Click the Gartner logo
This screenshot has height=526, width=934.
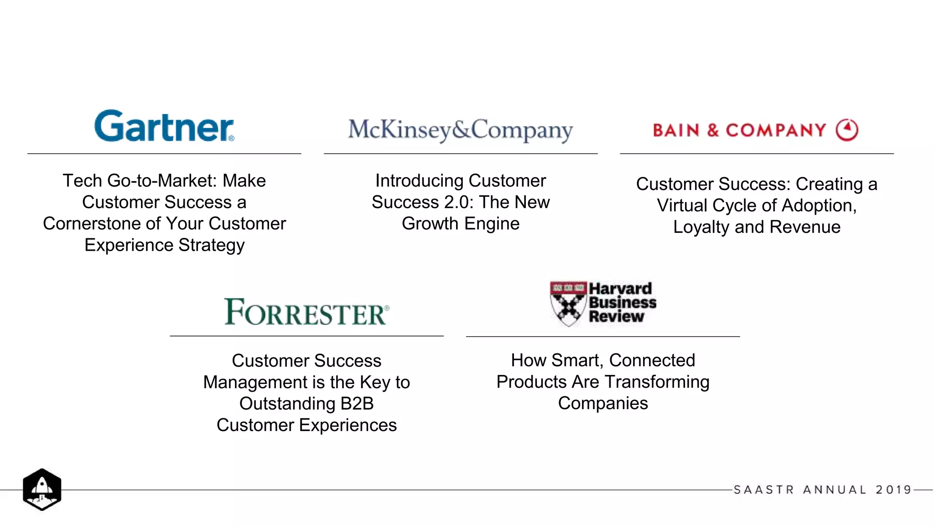[164, 126]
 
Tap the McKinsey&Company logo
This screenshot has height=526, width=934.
[461, 130]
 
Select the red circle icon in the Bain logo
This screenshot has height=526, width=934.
[847, 130]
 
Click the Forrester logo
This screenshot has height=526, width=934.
[306, 312]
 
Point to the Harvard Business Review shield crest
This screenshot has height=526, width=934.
[568, 304]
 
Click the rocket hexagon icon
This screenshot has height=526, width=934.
[42, 489]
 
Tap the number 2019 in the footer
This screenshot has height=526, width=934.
[893, 490]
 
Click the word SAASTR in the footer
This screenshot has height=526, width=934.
[764, 490]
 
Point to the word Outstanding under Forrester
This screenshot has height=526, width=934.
[287, 404]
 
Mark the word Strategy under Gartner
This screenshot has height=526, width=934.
[212, 245]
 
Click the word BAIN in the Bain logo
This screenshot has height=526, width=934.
[676, 130]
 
